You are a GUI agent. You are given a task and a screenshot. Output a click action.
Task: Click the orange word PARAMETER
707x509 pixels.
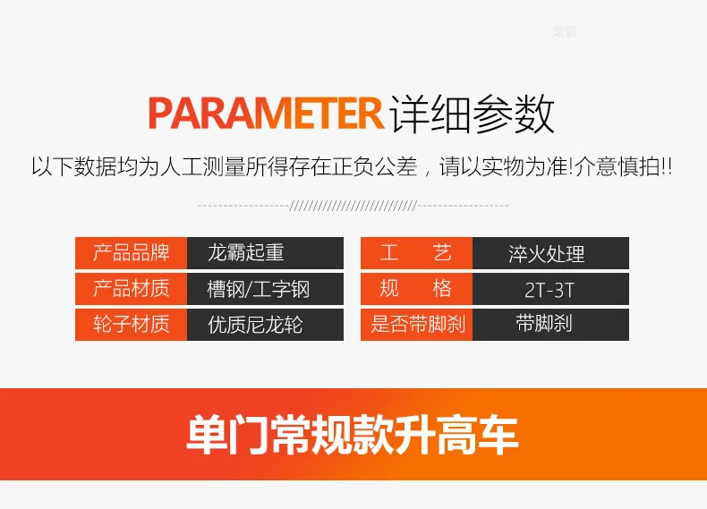[266, 114]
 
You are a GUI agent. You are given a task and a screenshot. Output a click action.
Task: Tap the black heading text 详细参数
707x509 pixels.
[473, 114]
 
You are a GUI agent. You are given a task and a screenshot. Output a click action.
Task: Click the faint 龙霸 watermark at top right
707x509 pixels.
[564, 31]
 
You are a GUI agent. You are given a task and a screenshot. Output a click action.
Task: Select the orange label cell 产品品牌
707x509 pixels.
[131, 253]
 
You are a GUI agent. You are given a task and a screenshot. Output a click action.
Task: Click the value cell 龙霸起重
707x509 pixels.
[265, 253]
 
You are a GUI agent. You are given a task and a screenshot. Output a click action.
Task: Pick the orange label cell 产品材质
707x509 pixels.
[131, 289]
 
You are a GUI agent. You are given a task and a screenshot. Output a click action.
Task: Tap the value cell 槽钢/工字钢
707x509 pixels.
[265, 289]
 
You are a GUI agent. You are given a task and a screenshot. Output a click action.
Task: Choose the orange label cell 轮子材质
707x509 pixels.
[131, 324]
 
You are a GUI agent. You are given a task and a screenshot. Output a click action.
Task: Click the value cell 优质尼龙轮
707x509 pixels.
[265, 324]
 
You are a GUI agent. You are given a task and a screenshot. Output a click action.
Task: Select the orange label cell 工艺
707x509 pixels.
[416, 253]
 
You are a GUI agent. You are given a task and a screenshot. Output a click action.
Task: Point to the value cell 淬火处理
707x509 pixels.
[550, 253]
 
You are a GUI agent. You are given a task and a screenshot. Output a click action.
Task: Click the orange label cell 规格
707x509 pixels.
[416, 289]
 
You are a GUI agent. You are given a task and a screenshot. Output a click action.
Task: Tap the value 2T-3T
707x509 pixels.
[549, 290]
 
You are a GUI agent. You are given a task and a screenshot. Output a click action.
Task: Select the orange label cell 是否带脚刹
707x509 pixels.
[416, 324]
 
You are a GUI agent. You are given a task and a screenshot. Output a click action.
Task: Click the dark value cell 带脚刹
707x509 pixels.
[550, 324]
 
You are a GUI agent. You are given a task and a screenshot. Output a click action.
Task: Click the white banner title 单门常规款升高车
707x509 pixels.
[353, 435]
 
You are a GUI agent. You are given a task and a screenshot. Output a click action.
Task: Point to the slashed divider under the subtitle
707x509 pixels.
[353, 206]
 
